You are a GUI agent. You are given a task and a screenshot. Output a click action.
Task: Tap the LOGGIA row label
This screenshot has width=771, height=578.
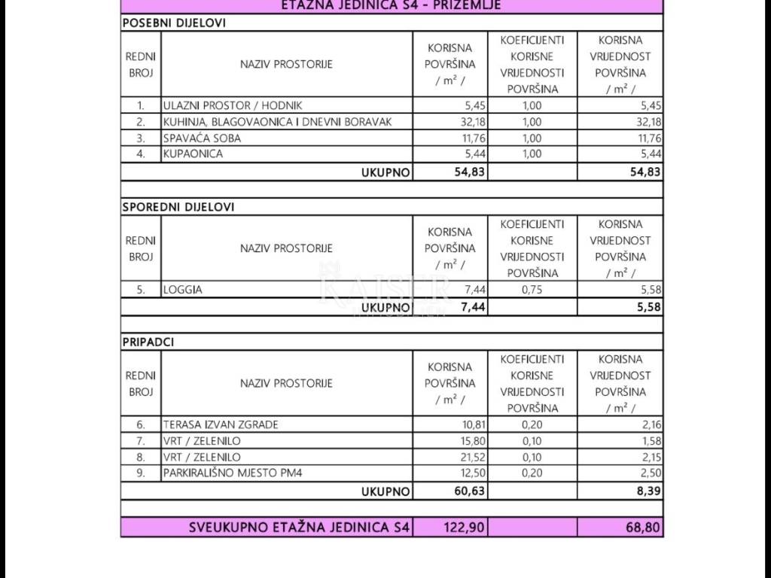tap(183, 289)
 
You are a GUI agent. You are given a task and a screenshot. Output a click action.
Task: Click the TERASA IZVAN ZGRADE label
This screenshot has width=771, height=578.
tap(221, 424)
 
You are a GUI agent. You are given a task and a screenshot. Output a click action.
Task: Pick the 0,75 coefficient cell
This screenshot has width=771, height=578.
tap(532, 289)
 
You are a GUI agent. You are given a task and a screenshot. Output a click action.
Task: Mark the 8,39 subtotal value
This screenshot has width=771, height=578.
tap(650, 491)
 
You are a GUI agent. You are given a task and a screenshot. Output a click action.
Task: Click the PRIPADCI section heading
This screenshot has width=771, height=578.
tap(148, 342)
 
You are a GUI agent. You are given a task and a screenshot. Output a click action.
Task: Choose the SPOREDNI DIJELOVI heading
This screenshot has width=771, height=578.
tap(178, 206)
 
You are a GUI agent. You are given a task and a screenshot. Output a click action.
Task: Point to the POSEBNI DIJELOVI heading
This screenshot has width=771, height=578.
tap(174, 23)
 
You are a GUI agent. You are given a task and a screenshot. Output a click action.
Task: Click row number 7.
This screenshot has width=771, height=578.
tap(141, 441)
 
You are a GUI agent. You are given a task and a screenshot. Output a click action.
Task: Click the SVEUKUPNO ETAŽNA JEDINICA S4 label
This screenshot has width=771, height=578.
tap(300, 528)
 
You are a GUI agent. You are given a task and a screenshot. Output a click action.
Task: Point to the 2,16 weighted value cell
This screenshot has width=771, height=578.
tap(652, 424)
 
